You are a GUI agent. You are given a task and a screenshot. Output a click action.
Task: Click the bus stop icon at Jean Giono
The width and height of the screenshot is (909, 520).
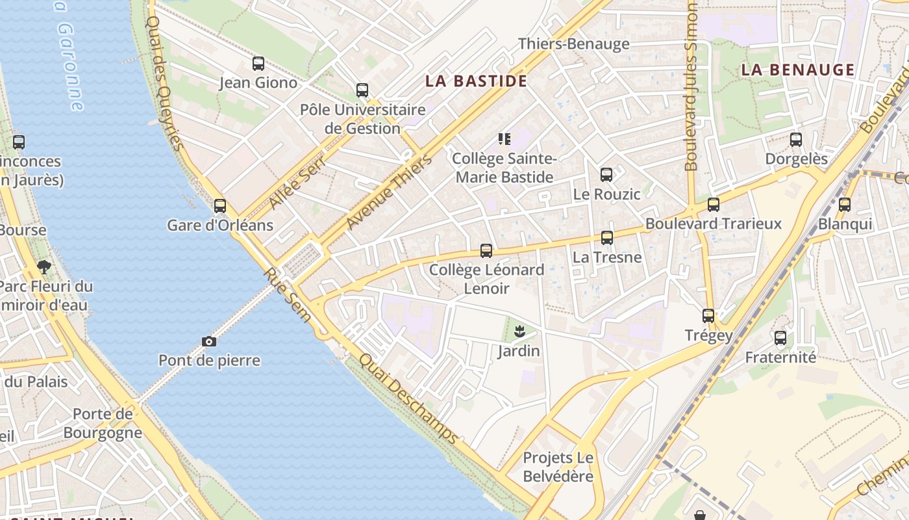click(258, 64)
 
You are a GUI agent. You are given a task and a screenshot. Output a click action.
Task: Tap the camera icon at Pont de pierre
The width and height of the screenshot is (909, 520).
click(209, 341)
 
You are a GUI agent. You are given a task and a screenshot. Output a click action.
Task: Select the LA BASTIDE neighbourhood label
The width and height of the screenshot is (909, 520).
click(476, 81)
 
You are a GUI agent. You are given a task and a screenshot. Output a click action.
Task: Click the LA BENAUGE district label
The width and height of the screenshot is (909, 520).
click(798, 70)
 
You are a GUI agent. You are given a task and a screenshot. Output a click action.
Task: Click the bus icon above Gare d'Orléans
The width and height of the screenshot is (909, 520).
click(220, 206)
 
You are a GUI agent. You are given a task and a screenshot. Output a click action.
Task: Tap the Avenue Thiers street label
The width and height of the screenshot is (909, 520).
click(389, 192)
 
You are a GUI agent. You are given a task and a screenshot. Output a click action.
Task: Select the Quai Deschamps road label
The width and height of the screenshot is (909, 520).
click(409, 398)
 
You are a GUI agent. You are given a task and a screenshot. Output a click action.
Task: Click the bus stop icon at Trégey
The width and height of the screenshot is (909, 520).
click(708, 316)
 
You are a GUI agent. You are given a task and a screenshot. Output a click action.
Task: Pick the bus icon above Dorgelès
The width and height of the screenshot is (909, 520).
click(796, 139)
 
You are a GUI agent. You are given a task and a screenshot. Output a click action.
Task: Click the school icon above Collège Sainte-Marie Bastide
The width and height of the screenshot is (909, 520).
click(504, 138)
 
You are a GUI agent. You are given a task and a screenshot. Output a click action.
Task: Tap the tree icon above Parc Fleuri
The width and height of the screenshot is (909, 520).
click(44, 266)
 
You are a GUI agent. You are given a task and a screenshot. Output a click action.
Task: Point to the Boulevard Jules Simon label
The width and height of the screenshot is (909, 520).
click(691, 87)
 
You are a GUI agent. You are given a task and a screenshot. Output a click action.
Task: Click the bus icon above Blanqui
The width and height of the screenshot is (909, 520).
click(845, 205)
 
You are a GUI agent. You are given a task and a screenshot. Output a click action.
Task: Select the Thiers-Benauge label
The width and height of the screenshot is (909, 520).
click(574, 44)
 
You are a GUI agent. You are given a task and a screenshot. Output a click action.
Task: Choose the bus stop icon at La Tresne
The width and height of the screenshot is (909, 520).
click(607, 238)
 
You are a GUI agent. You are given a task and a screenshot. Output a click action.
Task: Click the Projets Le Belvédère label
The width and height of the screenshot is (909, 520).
click(558, 467)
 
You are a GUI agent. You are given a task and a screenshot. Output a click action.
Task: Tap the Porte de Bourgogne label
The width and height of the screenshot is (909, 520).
click(103, 423)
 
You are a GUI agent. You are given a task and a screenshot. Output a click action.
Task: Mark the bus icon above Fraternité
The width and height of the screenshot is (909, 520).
click(780, 338)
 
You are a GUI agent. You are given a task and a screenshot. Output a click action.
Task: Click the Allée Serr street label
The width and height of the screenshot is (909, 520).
click(296, 185)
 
